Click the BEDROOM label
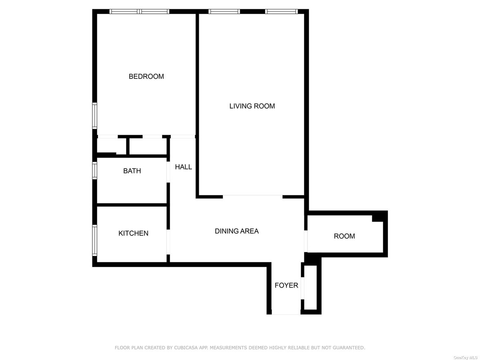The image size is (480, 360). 146,76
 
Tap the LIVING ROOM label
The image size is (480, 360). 252,106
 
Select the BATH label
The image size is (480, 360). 132,171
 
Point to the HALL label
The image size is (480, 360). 183,167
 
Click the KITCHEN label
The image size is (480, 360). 133,233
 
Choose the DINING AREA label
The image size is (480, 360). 237,231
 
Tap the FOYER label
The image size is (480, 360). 286,285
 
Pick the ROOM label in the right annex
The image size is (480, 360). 344,236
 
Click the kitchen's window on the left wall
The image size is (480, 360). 95,240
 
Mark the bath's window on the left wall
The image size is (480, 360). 95,170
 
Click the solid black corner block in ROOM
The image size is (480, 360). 378,217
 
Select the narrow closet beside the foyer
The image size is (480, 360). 311,287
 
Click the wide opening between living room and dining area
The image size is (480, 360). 252,196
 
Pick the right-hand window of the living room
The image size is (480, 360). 282,11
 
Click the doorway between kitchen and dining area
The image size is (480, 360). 168,242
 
